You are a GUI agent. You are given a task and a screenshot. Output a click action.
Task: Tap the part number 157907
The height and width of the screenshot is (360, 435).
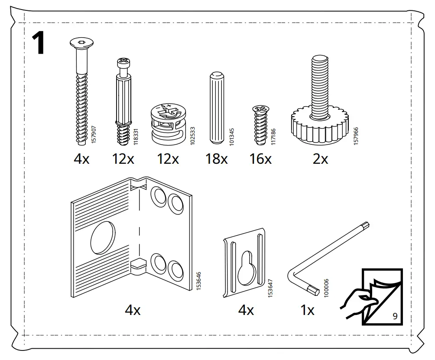pos(93,134)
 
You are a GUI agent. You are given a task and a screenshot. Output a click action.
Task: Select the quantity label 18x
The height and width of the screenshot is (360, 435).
pos(216,159)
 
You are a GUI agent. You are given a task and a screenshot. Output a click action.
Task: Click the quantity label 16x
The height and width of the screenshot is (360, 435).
pos(260,159)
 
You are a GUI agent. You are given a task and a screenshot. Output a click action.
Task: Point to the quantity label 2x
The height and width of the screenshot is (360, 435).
pos(320,159)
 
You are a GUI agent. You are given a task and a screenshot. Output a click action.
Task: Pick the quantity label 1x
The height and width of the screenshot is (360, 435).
pos(307,310)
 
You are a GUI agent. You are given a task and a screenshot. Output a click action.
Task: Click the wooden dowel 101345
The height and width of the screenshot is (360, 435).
pos(216,108)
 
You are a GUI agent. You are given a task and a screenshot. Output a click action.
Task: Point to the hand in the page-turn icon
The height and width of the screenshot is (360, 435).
pos(355,299)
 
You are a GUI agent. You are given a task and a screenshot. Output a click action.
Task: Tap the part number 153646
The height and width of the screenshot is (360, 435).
pos(199,281)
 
